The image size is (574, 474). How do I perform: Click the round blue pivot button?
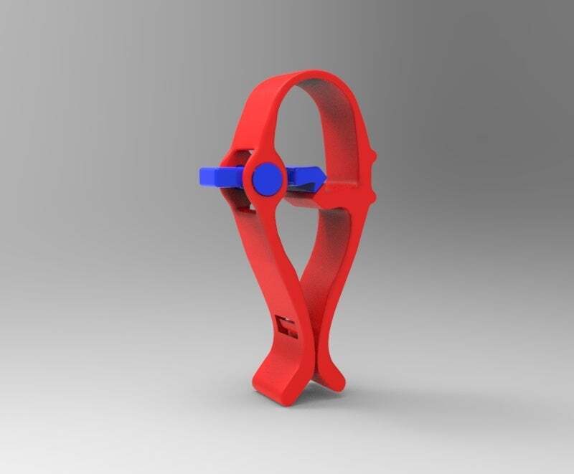click(266, 178)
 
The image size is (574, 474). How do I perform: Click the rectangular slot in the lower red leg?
click(288, 327)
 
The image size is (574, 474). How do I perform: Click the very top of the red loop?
click(316, 73)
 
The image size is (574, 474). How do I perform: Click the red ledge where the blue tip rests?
click(344, 185)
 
